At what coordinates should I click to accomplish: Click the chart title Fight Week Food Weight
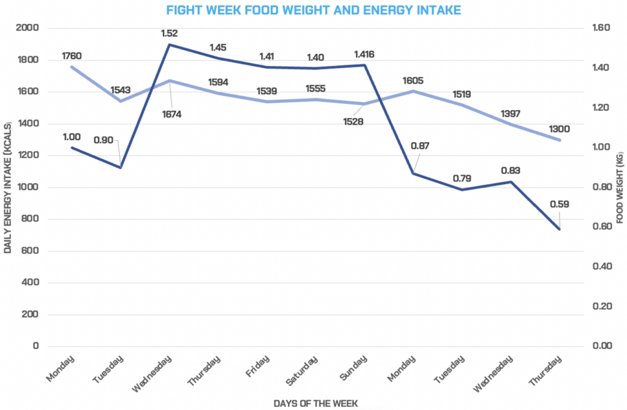click(313, 10)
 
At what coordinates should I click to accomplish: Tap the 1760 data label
click(72, 56)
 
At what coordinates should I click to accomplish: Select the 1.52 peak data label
click(170, 33)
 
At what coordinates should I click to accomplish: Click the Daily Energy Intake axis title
click(9, 187)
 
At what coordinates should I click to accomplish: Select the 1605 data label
click(413, 80)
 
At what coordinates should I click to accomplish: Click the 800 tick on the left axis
click(29, 219)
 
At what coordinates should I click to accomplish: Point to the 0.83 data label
click(509, 170)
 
